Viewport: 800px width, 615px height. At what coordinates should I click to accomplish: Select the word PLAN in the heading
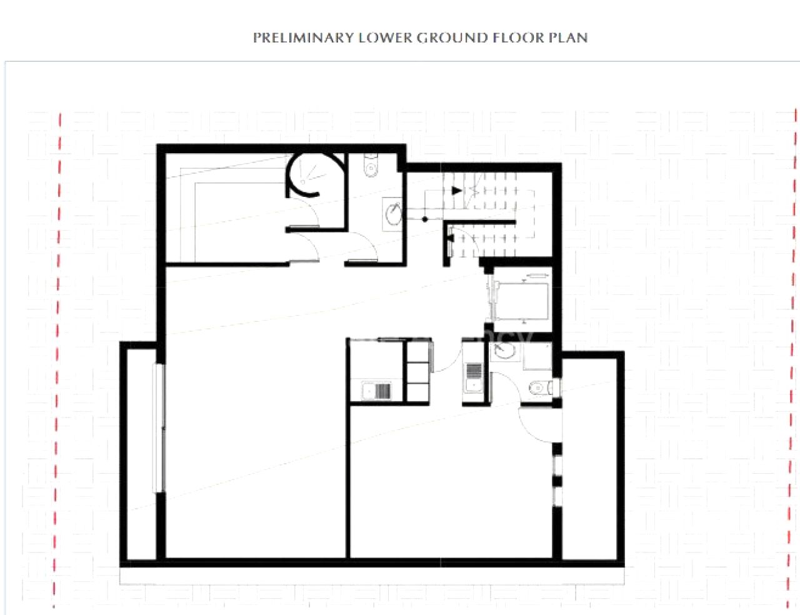click(568, 37)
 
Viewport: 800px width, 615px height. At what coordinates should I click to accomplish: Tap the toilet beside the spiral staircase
click(371, 167)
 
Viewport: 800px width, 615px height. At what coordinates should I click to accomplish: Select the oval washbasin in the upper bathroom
click(393, 214)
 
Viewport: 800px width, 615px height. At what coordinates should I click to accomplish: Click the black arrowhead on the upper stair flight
click(457, 190)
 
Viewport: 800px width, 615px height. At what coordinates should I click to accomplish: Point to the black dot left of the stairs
click(425, 219)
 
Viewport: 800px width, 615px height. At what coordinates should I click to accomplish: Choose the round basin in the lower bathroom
click(503, 352)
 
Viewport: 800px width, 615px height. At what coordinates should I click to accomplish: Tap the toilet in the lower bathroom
click(539, 389)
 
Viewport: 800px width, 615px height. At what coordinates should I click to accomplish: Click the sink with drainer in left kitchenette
click(376, 391)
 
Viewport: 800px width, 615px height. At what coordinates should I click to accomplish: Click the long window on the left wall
click(160, 428)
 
